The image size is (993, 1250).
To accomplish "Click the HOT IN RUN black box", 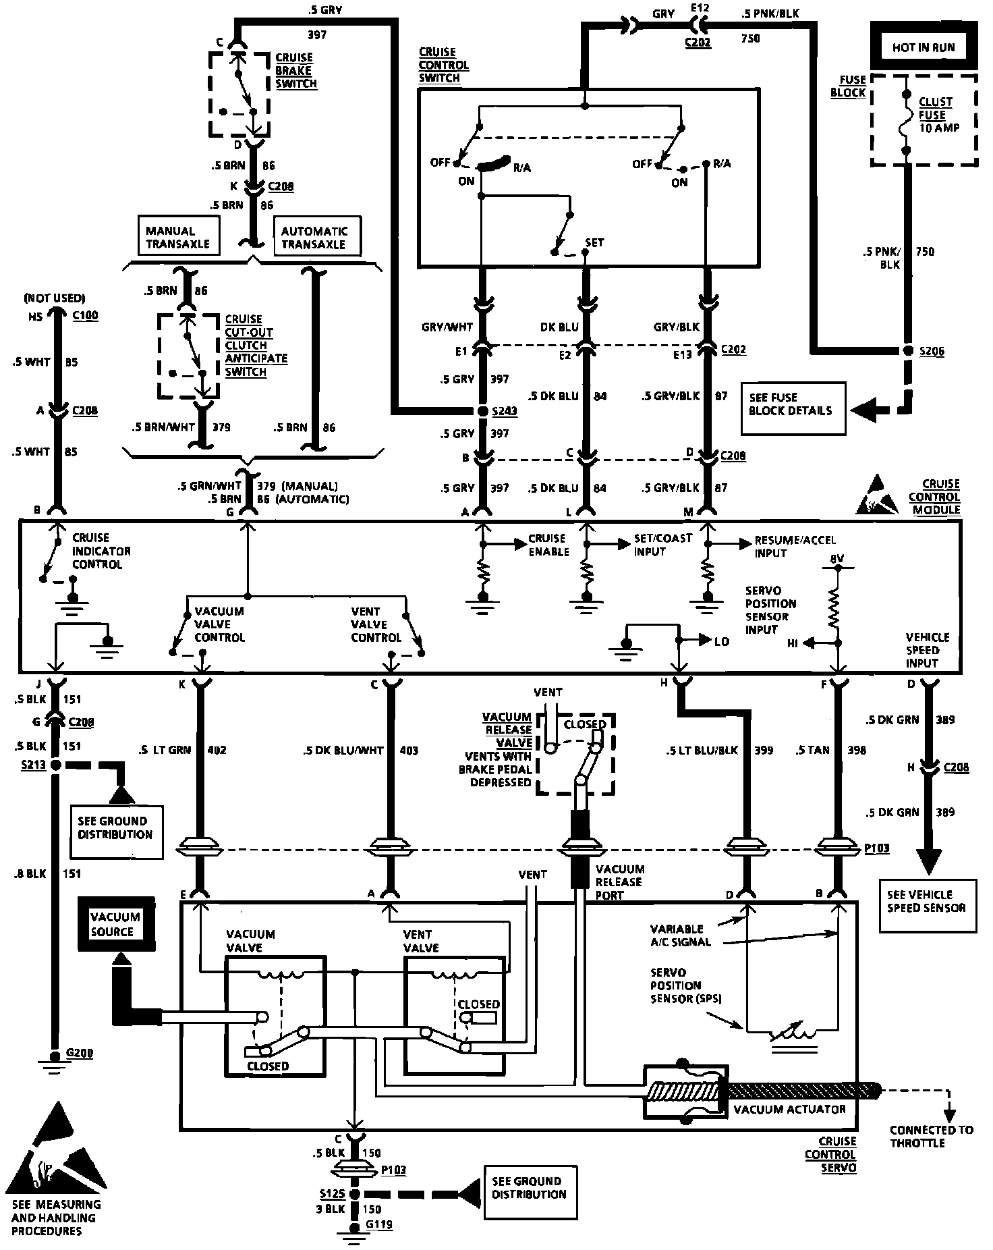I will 924,47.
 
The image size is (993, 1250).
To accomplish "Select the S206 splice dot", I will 907,351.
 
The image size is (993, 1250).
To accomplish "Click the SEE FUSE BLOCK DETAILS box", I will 792,404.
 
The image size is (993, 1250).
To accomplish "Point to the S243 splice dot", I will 482,411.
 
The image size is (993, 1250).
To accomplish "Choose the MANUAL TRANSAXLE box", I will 178,237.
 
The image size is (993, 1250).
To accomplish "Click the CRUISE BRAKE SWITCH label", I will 295,71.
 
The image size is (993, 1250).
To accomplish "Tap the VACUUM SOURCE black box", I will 116,924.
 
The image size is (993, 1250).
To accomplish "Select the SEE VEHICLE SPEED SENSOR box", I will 928,902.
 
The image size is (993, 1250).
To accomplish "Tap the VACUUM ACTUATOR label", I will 790,1109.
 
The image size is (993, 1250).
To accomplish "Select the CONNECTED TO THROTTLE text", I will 931,1137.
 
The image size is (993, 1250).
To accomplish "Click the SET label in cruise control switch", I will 594,242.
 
